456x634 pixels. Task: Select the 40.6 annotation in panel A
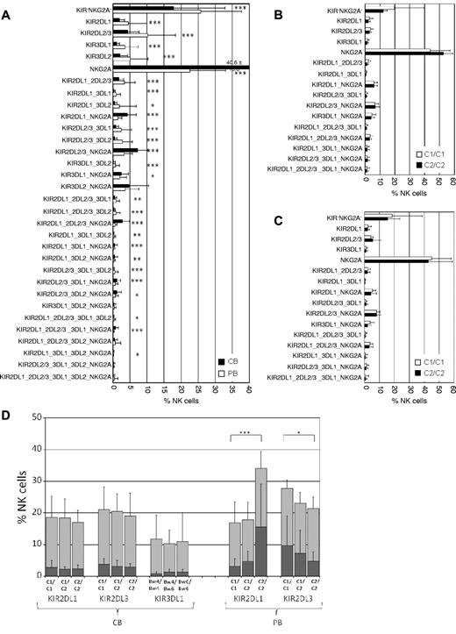(x=232, y=61)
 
